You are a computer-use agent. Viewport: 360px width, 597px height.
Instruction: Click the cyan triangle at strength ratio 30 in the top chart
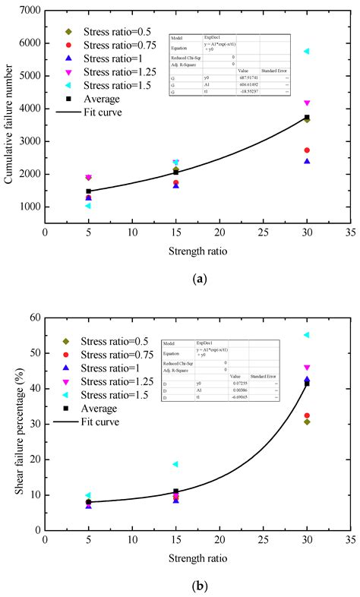[x=307, y=52]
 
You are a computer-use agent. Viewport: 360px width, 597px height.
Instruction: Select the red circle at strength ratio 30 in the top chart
[x=307, y=150]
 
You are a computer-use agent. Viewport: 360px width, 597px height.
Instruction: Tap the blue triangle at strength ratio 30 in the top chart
[x=307, y=161]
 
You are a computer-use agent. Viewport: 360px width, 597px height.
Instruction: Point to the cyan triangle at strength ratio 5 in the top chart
[x=88, y=206]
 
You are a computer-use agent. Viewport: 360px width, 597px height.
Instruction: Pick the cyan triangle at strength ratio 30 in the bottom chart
[x=307, y=335]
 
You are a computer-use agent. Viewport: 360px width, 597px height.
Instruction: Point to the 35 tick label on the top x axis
[x=350, y=235]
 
